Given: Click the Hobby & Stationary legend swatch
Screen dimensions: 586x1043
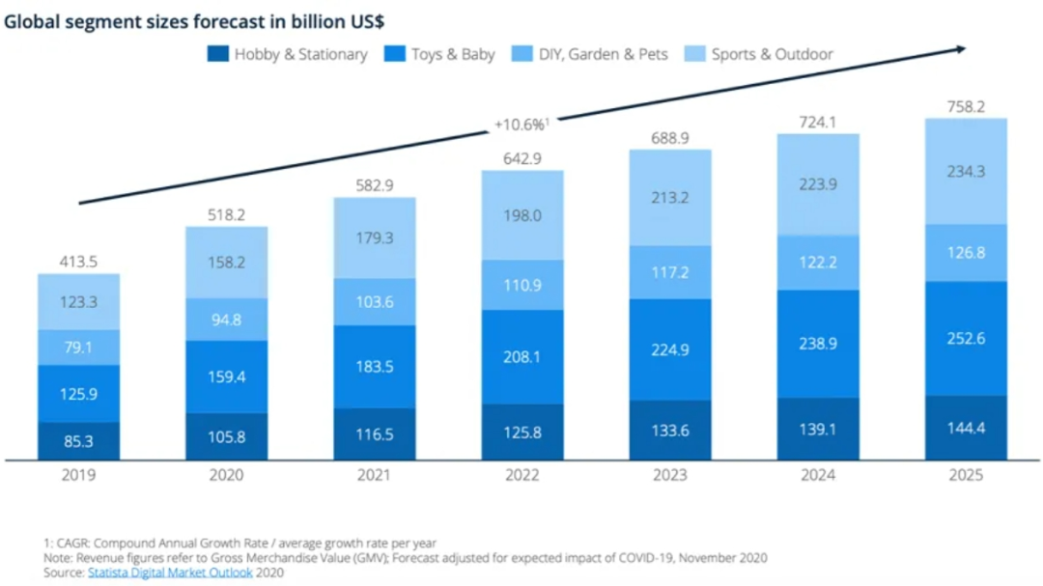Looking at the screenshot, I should click(218, 54).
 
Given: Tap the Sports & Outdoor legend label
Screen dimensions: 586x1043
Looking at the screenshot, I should click(772, 54).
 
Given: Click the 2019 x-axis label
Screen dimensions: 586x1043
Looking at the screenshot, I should click(79, 474).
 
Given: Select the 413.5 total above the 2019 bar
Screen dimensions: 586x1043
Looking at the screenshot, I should click(79, 261).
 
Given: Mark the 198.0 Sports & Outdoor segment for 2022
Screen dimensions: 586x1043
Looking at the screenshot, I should click(522, 215).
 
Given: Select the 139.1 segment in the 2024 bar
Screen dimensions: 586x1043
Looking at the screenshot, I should click(818, 430).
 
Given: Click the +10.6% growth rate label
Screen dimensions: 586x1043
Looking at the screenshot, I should click(521, 124).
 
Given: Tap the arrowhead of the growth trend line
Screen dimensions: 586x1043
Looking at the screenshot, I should click(960, 48).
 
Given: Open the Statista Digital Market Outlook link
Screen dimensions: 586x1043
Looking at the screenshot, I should click(170, 572).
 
